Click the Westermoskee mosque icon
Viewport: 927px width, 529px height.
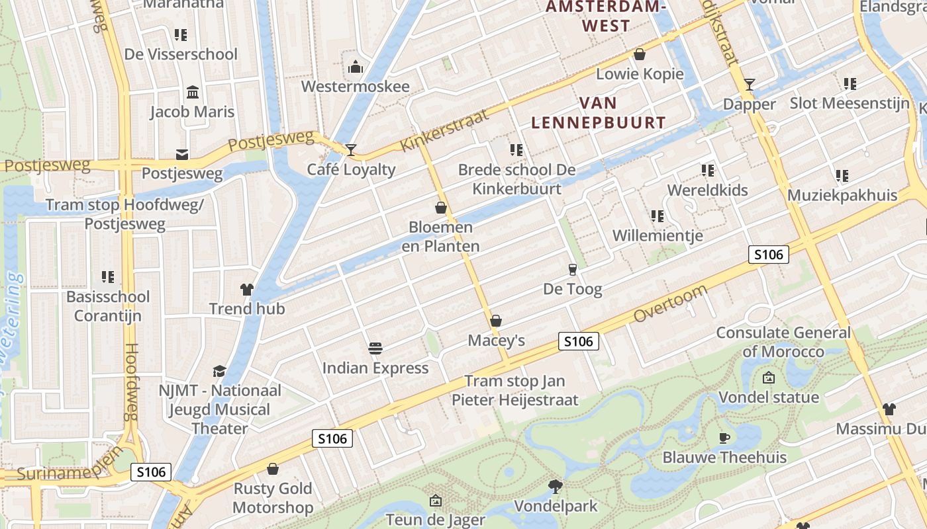[356, 67]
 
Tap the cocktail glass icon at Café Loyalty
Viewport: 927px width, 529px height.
[350, 149]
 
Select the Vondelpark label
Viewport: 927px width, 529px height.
[556, 507]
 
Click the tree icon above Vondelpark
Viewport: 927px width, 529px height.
[556, 487]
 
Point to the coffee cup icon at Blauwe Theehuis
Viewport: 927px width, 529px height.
[724, 438]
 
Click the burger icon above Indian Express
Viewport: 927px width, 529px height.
[375, 348]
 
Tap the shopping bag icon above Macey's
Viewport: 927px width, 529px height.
[496, 321]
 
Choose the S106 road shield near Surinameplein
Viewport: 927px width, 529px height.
[151, 471]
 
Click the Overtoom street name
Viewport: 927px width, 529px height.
[670, 304]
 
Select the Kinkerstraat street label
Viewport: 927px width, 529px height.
[445, 131]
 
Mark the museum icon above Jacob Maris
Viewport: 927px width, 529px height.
[193, 92]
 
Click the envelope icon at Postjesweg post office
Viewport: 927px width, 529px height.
[182, 155]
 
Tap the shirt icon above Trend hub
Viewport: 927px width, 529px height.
[247, 289]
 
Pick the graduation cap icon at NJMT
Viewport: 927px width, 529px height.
[219, 371]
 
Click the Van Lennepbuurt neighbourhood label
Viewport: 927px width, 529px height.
[599, 112]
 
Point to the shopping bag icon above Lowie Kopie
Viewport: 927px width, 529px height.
[640, 54]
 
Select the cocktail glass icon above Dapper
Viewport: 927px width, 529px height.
[749, 84]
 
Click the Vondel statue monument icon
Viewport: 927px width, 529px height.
[769, 378]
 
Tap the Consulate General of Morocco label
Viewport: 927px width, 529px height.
[783, 342]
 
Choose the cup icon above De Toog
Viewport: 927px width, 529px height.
[573, 269]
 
